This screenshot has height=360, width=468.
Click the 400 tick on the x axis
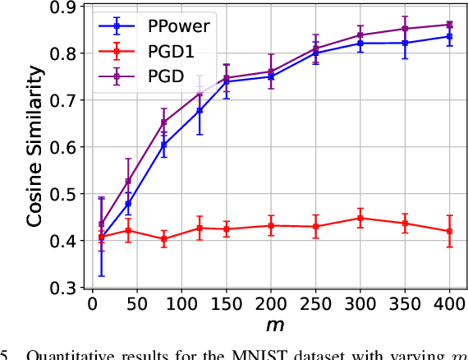tap(449, 306)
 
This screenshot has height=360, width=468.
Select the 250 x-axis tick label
tap(315, 306)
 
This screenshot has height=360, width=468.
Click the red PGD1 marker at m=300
tap(360, 218)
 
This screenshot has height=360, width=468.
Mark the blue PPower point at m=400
tap(448, 36)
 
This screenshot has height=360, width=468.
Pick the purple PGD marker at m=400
tap(448, 25)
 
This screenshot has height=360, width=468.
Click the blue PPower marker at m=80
tap(163, 145)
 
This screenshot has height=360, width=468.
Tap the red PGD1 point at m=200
tap(270, 225)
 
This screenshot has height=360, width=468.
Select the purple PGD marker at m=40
tap(127, 181)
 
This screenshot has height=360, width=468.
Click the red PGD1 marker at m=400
tap(448, 231)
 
